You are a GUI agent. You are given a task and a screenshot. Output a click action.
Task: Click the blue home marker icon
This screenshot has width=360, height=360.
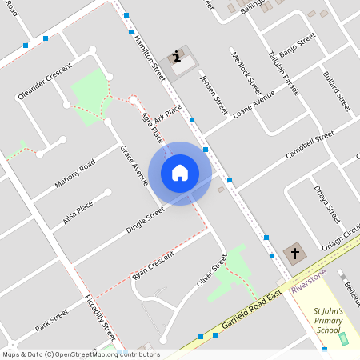point(180,172)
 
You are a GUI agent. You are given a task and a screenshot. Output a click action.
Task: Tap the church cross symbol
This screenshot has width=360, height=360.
point(294,254)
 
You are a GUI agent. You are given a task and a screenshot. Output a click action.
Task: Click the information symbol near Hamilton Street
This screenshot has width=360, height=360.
point(176,56)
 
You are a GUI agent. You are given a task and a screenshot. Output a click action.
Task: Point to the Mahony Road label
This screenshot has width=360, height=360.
point(74,174)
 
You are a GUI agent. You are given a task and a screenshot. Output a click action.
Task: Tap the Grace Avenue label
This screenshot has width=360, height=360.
point(134,166)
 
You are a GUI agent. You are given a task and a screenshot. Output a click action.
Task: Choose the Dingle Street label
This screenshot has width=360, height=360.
point(145,220)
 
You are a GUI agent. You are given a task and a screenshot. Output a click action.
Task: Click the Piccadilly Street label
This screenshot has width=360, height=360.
point(101,318)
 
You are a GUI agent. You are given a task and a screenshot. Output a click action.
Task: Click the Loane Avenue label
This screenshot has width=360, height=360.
point(254,104)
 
